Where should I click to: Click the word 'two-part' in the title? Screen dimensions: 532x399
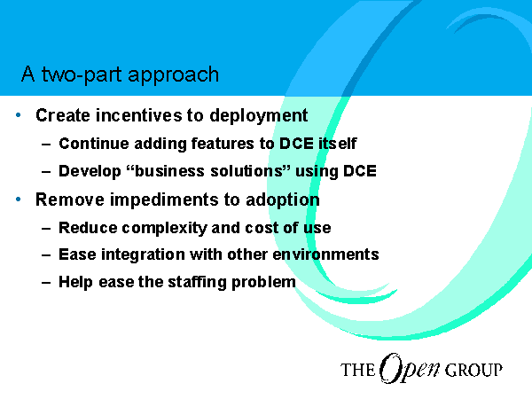pyautogui.click(x=82, y=74)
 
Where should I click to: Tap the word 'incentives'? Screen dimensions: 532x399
pyautogui.click(x=139, y=115)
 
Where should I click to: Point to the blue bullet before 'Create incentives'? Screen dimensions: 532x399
pyautogui.click(x=19, y=115)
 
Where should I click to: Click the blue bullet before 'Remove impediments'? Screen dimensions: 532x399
pyautogui.click(x=19, y=199)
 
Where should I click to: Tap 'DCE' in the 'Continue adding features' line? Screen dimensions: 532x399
pyautogui.click(x=296, y=144)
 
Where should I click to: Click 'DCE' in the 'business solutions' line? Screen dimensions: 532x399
pyautogui.click(x=360, y=171)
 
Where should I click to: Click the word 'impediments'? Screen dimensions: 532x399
pyautogui.click(x=164, y=200)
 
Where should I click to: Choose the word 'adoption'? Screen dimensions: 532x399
pyautogui.click(x=283, y=200)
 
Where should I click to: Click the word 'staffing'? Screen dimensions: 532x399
pyautogui.click(x=197, y=283)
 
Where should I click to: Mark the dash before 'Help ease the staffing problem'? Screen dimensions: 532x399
pyautogui.click(x=46, y=282)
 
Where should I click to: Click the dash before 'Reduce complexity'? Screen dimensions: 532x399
pyautogui.click(x=46, y=228)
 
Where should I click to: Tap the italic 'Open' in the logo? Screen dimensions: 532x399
pyautogui.click(x=410, y=369)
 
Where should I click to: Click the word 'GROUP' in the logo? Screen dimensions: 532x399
pyautogui.click(x=473, y=370)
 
